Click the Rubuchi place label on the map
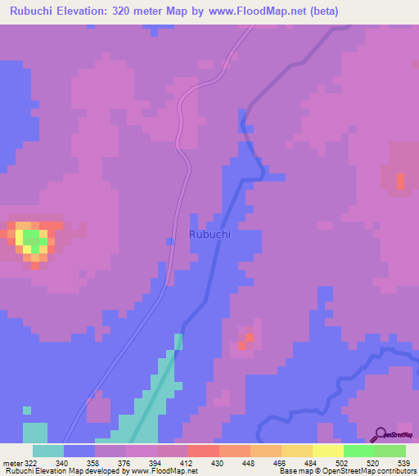pyautogui.click(x=209, y=234)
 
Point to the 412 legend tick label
pyautogui.click(x=187, y=462)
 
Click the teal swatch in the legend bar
pyautogui.click(x=48, y=451)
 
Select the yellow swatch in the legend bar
pyautogui.click(x=327, y=451)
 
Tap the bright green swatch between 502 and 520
pyautogui.click(x=358, y=451)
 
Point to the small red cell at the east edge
pyautogui.click(x=400, y=181)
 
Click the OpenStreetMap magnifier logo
pyautogui.click(x=380, y=434)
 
